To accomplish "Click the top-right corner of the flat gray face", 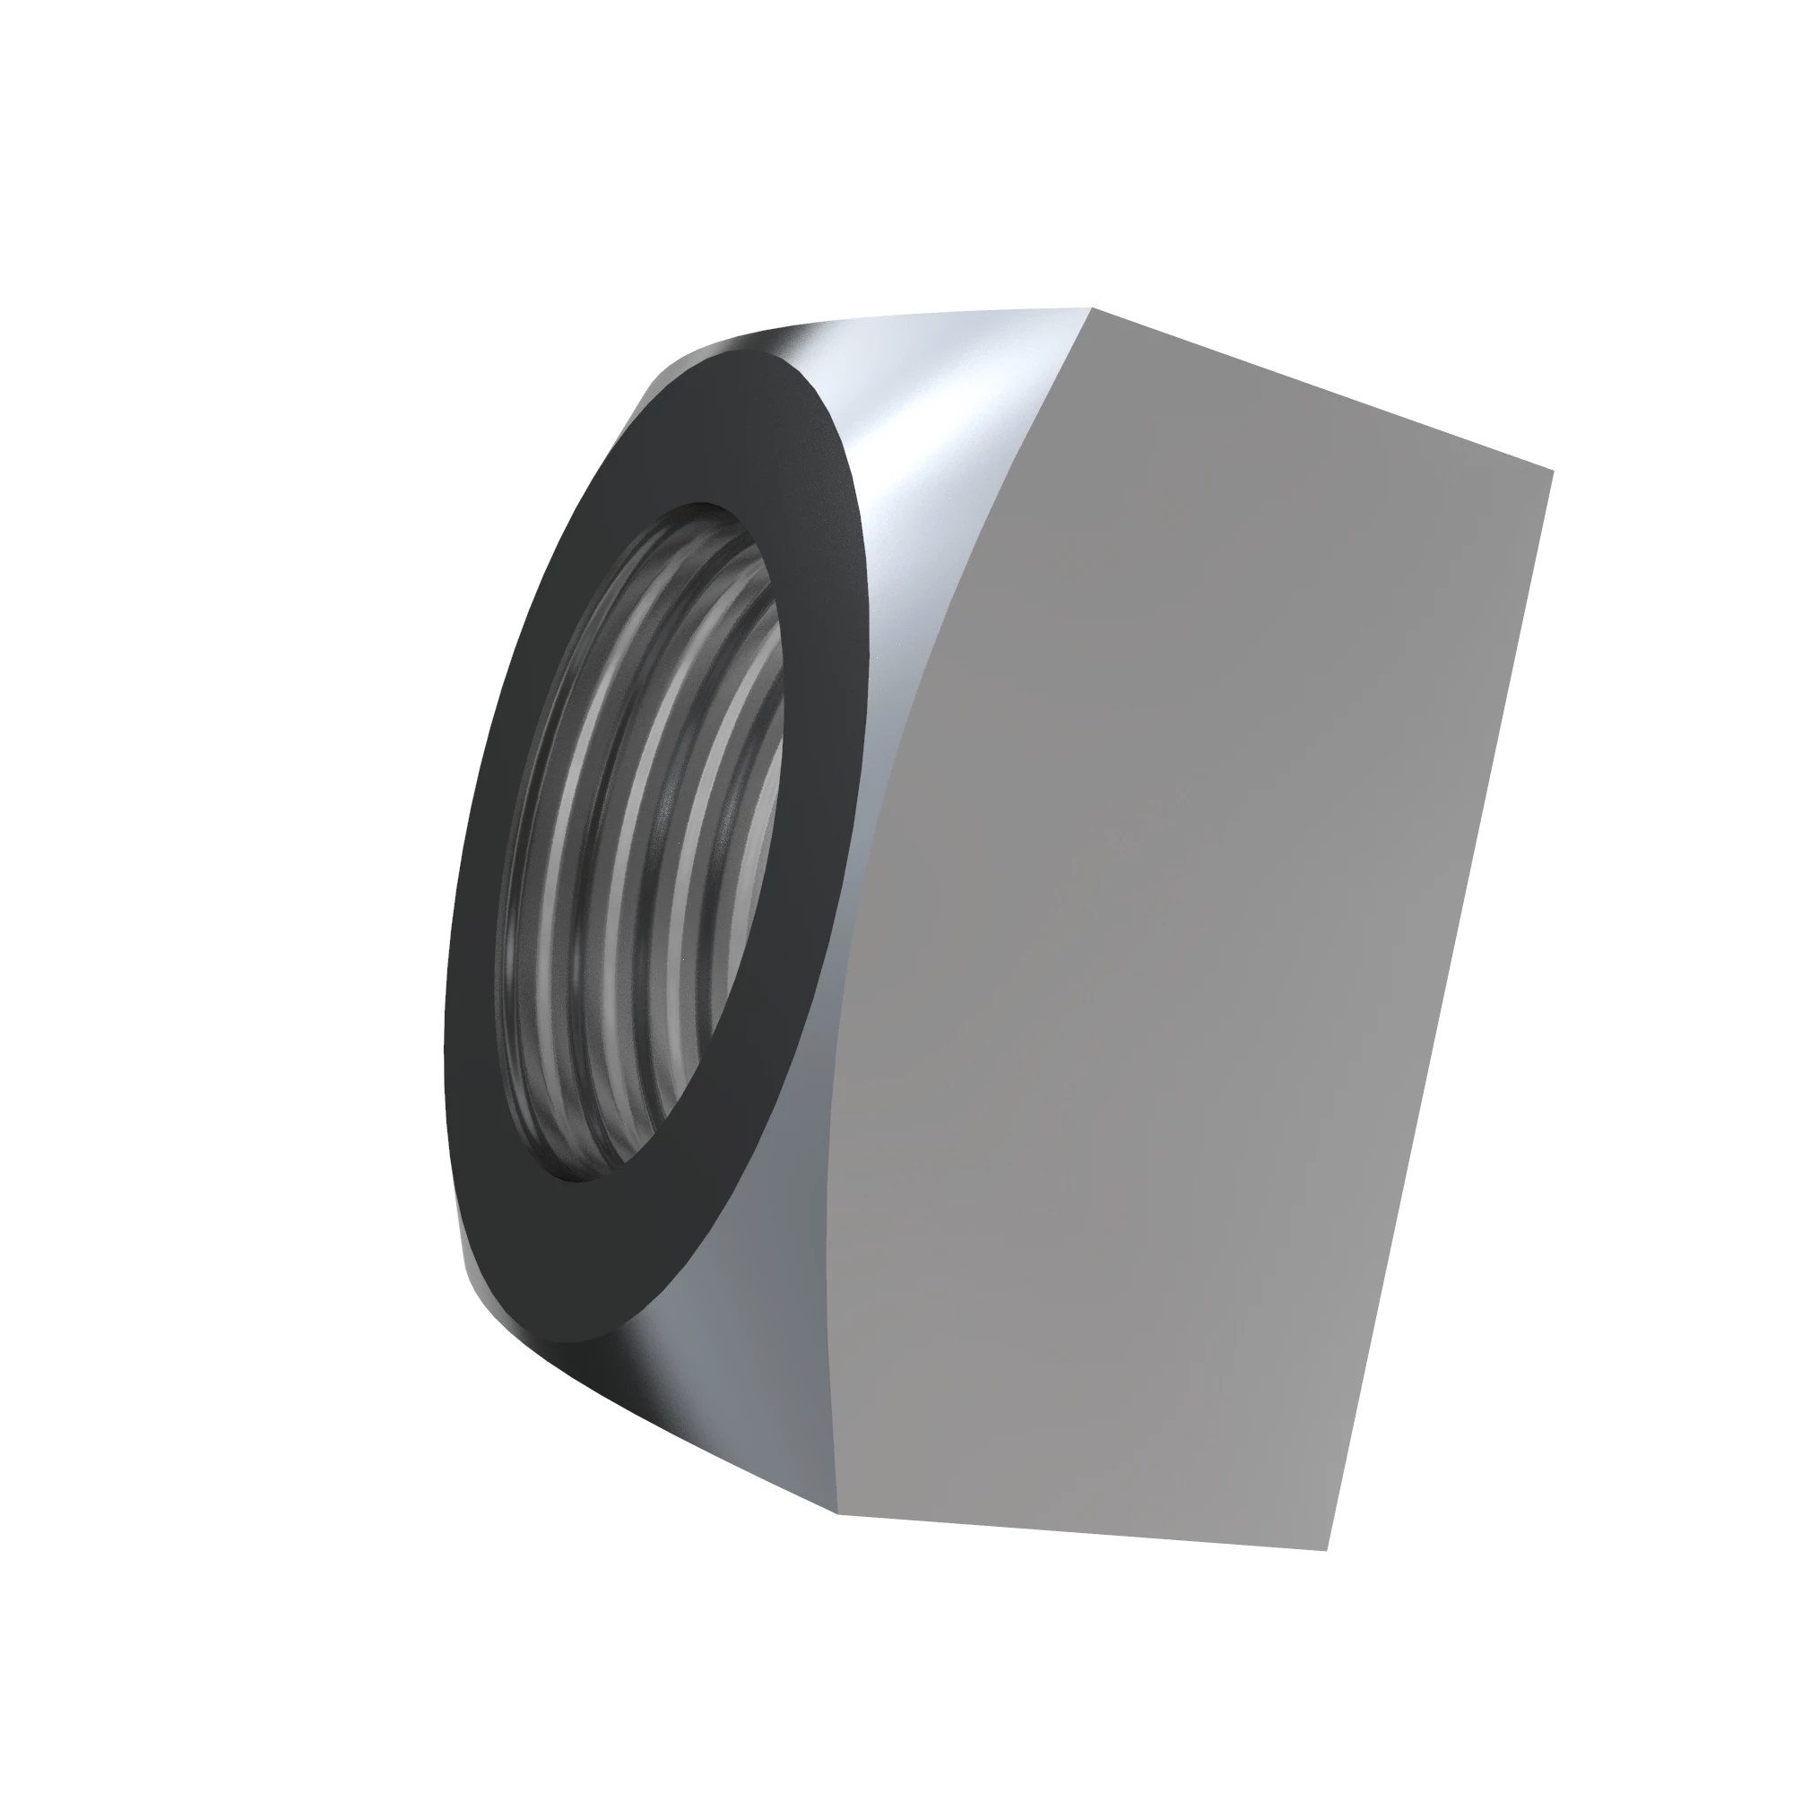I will (x=1553, y=471).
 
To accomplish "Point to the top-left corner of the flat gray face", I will (x=1092, y=308).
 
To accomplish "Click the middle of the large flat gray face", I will (x=1197, y=928).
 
